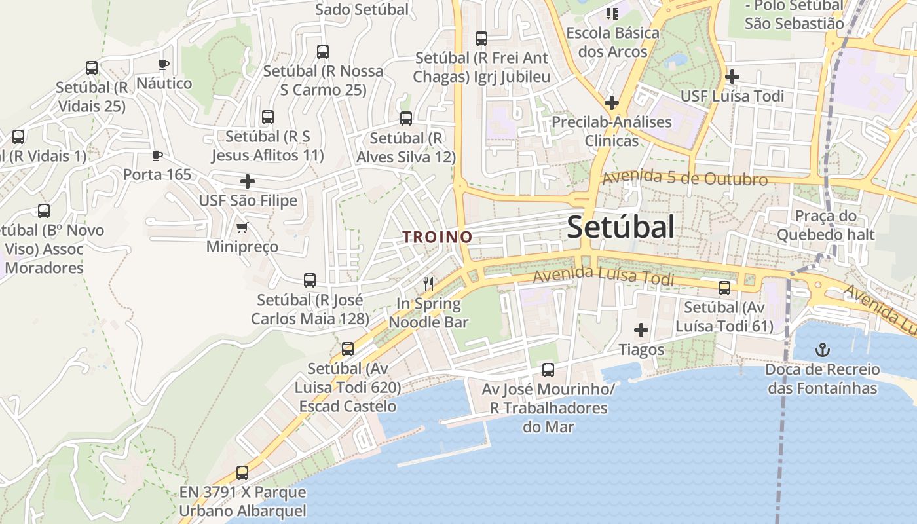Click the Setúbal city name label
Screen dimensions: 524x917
pyautogui.click(x=620, y=227)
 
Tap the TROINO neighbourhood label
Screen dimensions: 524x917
pyautogui.click(x=438, y=237)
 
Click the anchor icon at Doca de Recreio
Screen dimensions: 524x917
pyautogui.click(x=822, y=350)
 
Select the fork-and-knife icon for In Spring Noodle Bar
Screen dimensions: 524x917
pyautogui.click(x=429, y=284)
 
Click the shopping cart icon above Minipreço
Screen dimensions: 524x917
pyautogui.click(x=242, y=228)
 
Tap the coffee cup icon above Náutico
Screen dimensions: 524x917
pyautogui.click(x=164, y=64)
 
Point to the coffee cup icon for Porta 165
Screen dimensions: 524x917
pyautogui.click(x=157, y=155)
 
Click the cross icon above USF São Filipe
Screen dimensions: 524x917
pyautogui.click(x=248, y=181)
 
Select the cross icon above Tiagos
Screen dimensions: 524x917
pyautogui.click(x=641, y=330)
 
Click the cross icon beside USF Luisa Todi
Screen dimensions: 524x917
pyautogui.click(x=732, y=77)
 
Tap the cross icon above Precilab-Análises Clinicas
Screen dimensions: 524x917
pyautogui.click(x=611, y=103)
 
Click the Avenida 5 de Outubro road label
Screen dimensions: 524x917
pyautogui.click(x=684, y=178)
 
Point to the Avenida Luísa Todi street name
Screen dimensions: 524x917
pyautogui.click(x=603, y=277)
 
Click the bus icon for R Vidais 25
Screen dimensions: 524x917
pyautogui.click(x=92, y=68)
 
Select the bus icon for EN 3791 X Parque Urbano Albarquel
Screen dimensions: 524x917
pyautogui.click(x=242, y=472)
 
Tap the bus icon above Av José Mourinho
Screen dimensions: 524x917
pyautogui.click(x=548, y=370)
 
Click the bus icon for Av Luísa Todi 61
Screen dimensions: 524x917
pyautogui.click(x=724, y=288)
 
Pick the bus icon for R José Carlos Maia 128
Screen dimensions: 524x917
pyautogui.click(x=310, y=280)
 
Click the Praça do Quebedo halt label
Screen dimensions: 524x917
pyautogui.click(x=825, y=225)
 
